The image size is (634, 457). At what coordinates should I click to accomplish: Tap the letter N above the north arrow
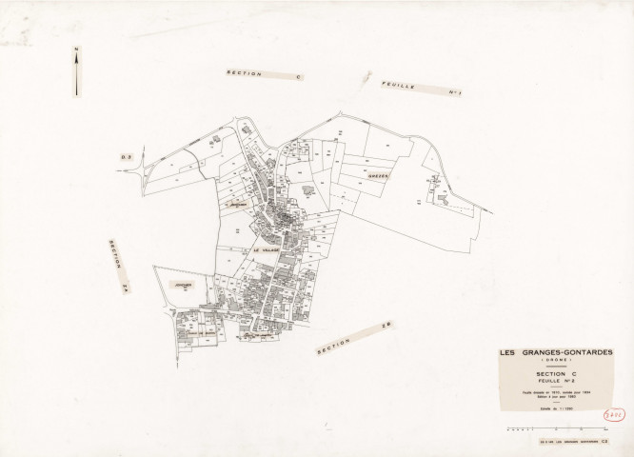tap(76, 50)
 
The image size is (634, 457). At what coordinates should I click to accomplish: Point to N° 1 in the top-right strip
tap(454, 92)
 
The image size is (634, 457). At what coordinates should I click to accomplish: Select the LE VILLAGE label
tap(269, 249)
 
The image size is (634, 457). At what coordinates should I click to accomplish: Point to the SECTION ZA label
tap(117, 267)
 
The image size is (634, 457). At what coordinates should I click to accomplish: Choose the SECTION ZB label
tap(355, 339)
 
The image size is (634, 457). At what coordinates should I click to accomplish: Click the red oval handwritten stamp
tap(616, 416)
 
